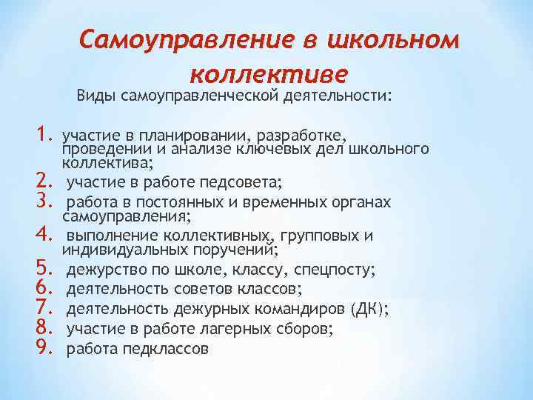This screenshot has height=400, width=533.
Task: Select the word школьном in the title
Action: coord(400,39)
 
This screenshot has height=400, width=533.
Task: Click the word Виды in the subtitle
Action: coord(95,96)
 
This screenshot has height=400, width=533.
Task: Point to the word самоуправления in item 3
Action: coord(125,216)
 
